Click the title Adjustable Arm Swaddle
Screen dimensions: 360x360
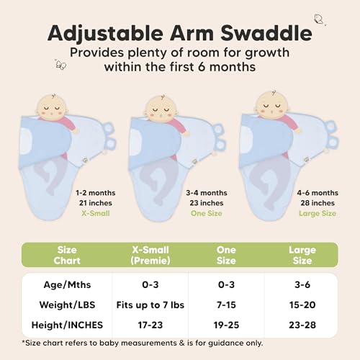(x=180, y=33)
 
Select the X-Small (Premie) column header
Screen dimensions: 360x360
(x=150, y=255)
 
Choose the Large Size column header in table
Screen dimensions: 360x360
(x=302, y=255)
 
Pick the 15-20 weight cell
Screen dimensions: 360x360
(x=302, y=305)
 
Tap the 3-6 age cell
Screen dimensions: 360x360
(x=302, y=284)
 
